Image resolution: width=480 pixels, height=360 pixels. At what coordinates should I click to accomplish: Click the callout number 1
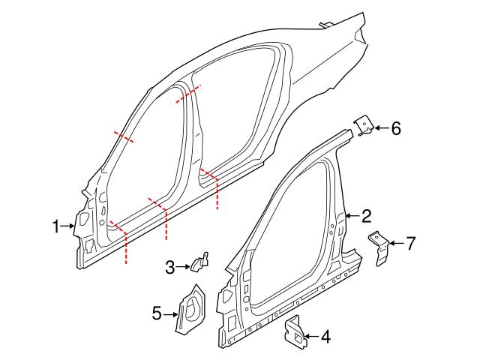click(55, 226)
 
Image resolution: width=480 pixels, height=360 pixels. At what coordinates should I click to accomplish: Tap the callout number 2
click(366, 217)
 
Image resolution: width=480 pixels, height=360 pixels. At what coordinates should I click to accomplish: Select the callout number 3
click(170, 265)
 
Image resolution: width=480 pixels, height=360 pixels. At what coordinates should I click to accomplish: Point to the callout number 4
click(325, 337)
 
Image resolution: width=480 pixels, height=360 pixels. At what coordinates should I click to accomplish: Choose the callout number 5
click(156, 313)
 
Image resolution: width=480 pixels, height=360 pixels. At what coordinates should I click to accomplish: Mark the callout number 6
click(396, 128)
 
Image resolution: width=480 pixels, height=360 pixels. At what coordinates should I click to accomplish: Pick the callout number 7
click(409, 243)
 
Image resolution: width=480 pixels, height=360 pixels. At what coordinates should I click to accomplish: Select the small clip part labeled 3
click(199, 261)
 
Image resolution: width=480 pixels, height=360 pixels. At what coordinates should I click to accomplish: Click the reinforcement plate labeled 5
click(190, 307)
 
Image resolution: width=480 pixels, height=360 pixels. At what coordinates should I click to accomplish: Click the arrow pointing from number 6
click(380, 129)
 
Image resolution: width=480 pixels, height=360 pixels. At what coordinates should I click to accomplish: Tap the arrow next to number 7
click(396, 243)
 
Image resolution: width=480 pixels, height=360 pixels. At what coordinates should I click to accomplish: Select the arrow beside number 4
click(310, 337)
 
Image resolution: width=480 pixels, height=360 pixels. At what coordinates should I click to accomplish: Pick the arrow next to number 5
click(170, 313)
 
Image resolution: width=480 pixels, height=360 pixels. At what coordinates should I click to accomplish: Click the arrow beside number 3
click(184, 265)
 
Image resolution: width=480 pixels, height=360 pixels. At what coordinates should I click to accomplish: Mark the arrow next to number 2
click(352, 217)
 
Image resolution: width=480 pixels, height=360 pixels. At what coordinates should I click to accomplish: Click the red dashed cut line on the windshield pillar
click(124, 137)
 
